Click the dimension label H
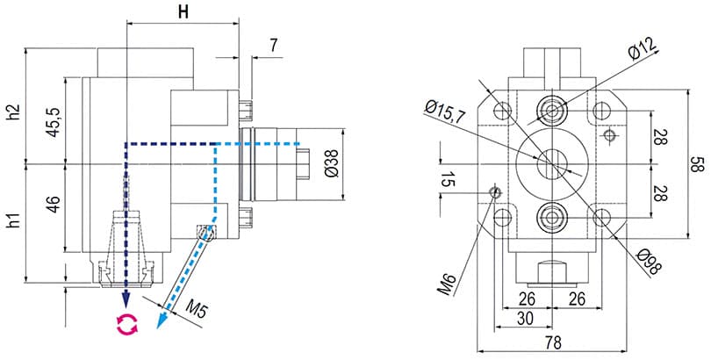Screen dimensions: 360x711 [x=183, y=11]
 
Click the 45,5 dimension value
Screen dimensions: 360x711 [x=54, y=121]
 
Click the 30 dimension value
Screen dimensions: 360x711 [x=524, y=319]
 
